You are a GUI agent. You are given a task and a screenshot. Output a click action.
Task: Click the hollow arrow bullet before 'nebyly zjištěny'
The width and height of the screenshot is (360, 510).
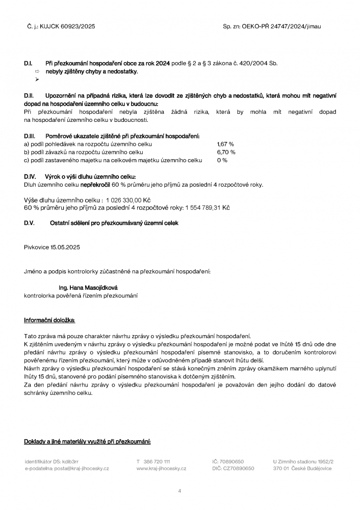[37, 72]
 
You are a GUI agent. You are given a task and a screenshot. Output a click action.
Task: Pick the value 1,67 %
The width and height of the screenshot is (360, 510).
[225, 144]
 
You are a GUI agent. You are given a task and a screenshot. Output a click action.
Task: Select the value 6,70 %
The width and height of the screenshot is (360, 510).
[226, 152]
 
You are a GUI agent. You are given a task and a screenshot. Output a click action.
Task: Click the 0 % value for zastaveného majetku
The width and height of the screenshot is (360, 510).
[222, 160]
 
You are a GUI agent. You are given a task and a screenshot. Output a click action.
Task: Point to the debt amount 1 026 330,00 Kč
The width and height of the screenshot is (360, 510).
[128, 200]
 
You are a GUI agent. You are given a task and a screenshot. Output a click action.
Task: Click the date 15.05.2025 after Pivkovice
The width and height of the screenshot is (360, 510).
[65, 247]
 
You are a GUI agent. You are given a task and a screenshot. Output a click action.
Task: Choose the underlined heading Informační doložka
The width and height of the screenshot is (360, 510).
[49, 320]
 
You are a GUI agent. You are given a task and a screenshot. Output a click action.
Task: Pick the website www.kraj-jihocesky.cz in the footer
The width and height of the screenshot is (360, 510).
[161, 468]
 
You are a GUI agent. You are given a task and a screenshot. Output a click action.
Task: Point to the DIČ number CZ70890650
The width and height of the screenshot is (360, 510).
[239, 468]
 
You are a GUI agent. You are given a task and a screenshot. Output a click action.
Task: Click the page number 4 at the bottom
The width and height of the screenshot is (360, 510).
[179, 491]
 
